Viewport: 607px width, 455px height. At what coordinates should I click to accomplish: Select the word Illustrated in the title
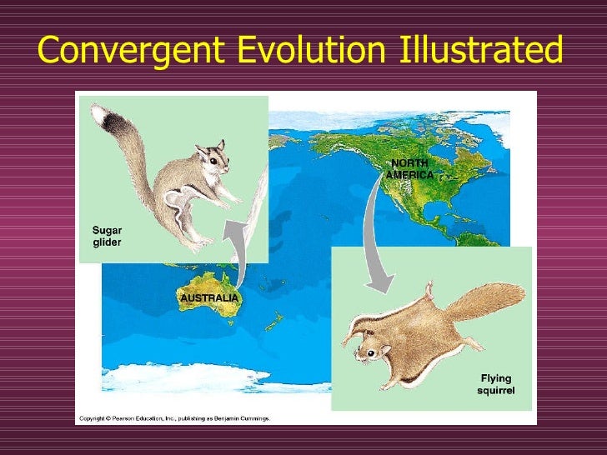(x=477, y=51)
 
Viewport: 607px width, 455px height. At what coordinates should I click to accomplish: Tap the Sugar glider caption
(x=106, y=235)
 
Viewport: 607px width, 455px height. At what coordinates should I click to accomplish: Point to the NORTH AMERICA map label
(x=409, y=169)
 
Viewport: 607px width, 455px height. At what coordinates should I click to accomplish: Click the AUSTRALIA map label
(x=209, y=297)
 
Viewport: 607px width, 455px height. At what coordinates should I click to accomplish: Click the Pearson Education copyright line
(x=174, y=418)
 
